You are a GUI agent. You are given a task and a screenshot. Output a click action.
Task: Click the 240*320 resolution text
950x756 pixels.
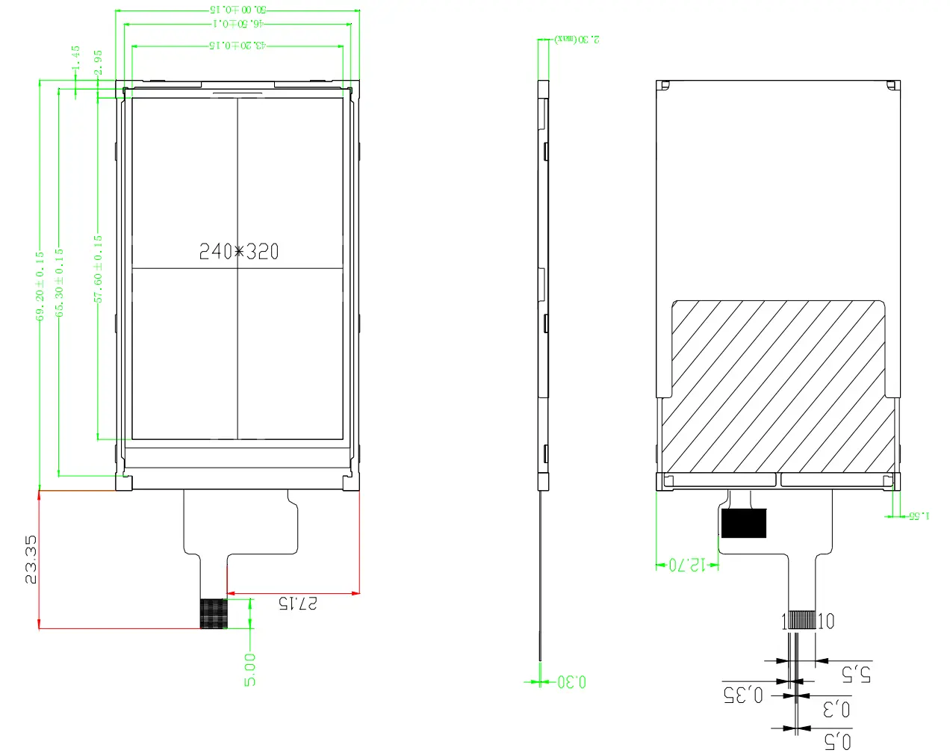tap(239, 252)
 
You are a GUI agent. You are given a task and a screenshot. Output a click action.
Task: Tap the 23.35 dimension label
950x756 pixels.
tap(31, 560)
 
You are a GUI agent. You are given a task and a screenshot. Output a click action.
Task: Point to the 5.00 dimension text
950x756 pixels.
tap(250, 669)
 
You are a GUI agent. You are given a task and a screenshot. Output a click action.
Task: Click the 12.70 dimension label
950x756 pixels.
tap(686, 565)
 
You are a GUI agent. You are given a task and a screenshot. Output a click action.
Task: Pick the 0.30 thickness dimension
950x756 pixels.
tap(572, 682)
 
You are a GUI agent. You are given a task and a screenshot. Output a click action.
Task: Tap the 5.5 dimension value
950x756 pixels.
tap(856, 674)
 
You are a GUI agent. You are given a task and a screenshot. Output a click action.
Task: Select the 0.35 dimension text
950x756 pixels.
tap(743, 695)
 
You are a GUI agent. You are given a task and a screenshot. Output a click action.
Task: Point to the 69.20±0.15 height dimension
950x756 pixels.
tap(40, 285)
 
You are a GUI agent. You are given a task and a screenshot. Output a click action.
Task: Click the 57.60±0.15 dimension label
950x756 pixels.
tap(98, 269)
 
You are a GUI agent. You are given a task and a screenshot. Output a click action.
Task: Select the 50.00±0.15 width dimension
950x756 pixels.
tap(237, 10)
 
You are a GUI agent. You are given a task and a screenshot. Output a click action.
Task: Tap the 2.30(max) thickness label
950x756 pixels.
tap(577, 39)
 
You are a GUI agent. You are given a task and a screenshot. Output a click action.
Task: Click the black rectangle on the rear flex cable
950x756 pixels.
tap(744, 524)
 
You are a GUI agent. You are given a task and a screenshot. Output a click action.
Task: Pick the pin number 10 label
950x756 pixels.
tap(826, 622)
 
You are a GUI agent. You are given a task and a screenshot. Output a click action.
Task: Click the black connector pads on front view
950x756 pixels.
tap(213, 613)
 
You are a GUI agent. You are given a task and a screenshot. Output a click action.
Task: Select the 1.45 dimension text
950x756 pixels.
tap(75, 60)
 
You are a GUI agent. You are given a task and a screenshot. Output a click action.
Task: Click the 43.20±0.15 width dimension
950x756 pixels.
tap(237, 46)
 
